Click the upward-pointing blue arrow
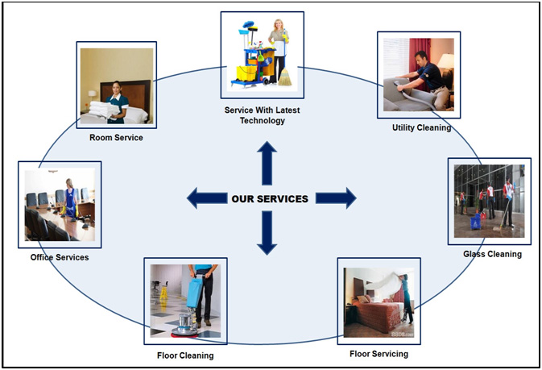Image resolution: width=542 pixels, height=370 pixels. point(267,163)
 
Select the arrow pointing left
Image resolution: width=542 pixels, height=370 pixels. point(207,198)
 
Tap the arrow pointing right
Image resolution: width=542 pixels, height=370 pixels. point(336,198)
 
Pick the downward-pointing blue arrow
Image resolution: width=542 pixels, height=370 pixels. point(267,233)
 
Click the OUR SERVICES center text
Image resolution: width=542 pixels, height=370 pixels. point(270,198)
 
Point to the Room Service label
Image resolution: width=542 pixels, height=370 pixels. point(116,137)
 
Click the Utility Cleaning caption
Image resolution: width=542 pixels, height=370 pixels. point(421,127)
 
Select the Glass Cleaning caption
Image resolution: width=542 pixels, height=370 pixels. point(492,254)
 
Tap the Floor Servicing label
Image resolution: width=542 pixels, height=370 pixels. point(379,354)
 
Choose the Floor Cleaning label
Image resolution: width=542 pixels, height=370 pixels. point(185,355)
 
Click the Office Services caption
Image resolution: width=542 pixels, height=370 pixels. point(60,257)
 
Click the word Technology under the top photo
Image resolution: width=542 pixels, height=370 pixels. point(263,121)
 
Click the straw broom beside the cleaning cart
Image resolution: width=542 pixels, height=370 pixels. point(285,77)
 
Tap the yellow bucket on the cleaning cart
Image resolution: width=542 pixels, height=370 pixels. point(246,73)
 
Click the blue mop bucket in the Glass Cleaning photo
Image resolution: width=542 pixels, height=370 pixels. point(476,221)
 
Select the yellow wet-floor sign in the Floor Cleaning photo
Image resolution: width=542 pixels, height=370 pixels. point(163,293)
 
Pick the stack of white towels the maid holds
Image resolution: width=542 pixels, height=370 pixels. point(104,110)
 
